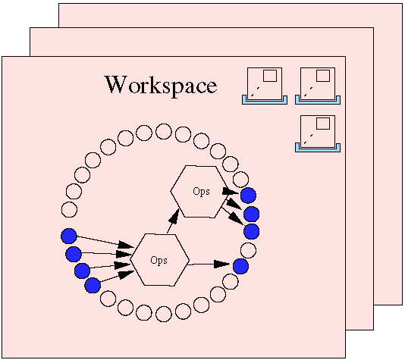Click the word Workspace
tap(161, 86)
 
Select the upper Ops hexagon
tap(199, 192)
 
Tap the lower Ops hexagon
tap(159, 260)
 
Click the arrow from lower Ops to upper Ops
tap(173, 221)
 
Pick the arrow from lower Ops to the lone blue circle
tap(208, 265)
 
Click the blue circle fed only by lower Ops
tap(240, 266)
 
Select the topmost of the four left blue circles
tap(69, 236)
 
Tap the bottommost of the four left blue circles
tap(93, 286)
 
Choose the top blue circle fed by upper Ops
tap(249, 196)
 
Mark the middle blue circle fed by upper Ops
tap(251, 214)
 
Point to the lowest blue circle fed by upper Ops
tap(252, 231)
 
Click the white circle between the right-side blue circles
tap(249, 250)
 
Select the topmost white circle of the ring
tap(164, 131)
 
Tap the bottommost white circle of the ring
tap(164, 314)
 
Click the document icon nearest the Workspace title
tap(265, 86)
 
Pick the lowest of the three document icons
tap(318, 133)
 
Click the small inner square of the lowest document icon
tap(323, 124)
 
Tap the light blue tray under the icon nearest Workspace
tap(265, 102)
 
